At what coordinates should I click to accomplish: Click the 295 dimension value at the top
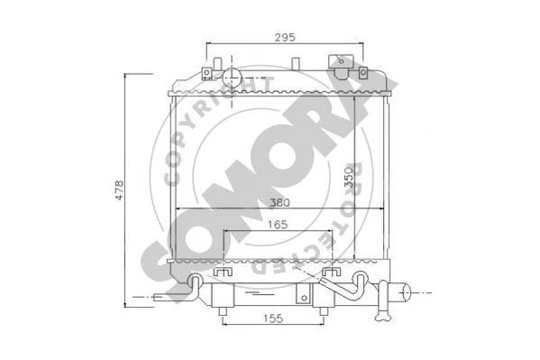[x=284, y=37]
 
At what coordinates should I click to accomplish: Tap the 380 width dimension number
[x=280, y=201]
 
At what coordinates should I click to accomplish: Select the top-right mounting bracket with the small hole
[x=343, y=64]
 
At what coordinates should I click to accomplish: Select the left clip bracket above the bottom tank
[x=222, y=271]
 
